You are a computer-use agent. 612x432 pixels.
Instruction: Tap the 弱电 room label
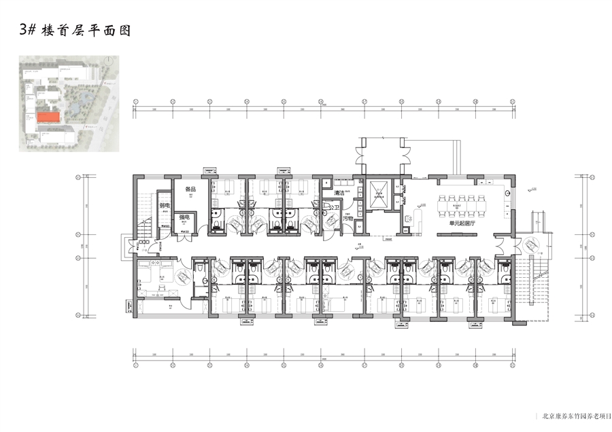pos(164,205)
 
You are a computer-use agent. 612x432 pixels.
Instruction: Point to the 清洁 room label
pos(339,194)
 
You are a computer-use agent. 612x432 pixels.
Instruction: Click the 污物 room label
pos(347,219)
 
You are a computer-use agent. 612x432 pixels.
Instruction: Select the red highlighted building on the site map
pos(47,118)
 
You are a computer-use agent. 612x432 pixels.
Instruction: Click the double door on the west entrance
pos(126,246)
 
